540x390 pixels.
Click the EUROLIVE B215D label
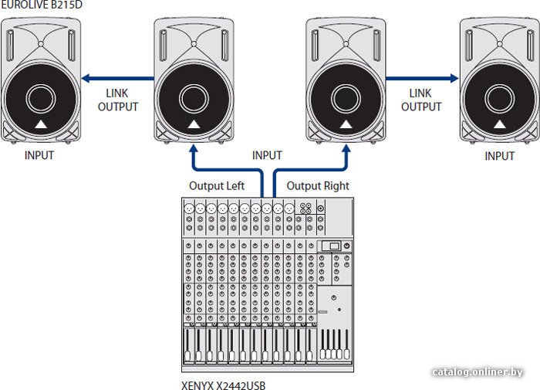click(x=42, y=5)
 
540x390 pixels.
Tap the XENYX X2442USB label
click(x=224, y=385)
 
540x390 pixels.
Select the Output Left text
click(x=217, y=186)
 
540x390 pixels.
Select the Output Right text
click(x=318, y=186)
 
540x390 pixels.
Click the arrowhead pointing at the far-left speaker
click(x=86, y=78)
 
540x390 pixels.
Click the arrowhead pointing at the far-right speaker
click(x=454, y=78)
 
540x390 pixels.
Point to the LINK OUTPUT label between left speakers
click(x=118, y=100)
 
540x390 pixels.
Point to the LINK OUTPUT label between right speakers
click(x=421, y=100)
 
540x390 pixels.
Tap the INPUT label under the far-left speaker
click(x=39, y=155)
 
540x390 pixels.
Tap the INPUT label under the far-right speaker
click(x=500, y=156)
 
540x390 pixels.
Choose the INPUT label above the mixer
click(x=267, y=155)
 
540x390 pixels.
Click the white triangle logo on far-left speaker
click(x=41, y=124)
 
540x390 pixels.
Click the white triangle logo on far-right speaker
click(x=500, y=124)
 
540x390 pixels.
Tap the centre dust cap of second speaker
click(x=194, y=99)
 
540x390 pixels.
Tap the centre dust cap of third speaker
click(x=346, y=99)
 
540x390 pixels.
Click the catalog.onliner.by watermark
click(x=478, y=372)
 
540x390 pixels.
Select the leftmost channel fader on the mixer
click(x=187, y=345)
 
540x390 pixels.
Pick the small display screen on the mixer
click(x=331, y=246)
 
